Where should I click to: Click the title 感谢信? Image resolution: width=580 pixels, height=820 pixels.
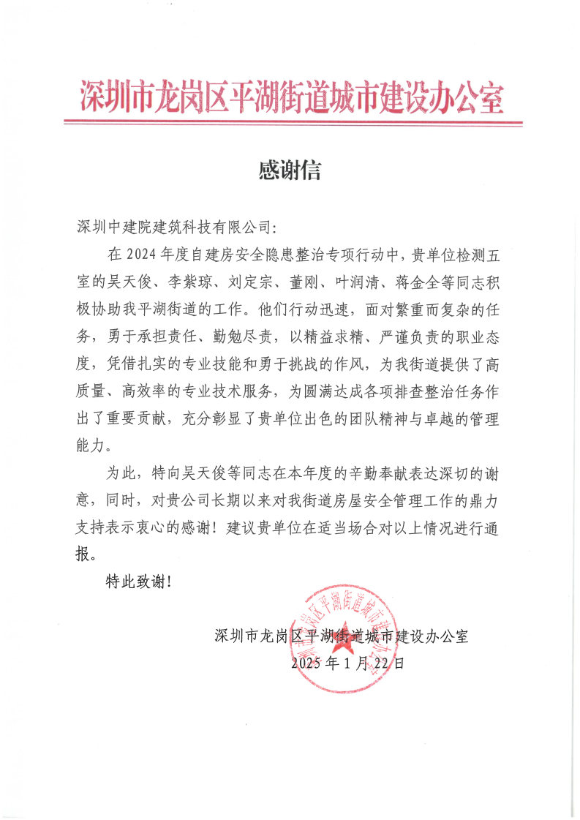(290, 170)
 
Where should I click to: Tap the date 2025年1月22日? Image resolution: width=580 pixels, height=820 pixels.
(347, 663)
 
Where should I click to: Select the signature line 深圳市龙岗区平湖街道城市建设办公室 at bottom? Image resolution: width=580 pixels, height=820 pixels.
(342, 635)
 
